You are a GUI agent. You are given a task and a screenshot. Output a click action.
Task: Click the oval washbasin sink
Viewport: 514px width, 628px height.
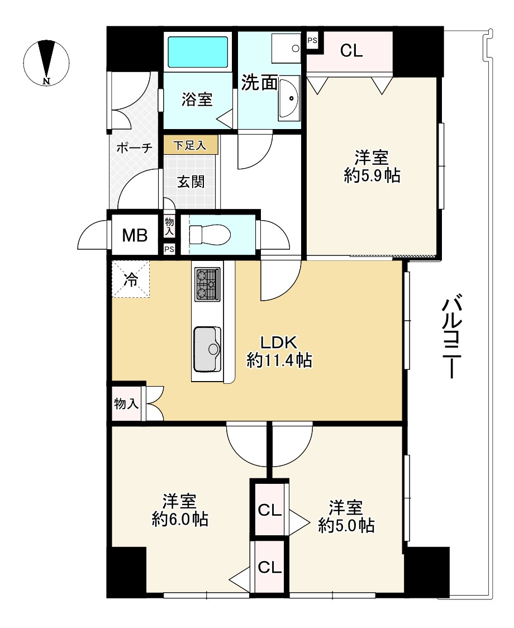click(289, 98)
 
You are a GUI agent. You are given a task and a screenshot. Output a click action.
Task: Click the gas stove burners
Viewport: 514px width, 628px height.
click(207, 284)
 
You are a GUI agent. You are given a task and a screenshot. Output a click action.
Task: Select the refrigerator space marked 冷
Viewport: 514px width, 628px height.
click(131, 280)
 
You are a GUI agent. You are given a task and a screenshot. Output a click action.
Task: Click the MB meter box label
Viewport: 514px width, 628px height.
click(135, 235)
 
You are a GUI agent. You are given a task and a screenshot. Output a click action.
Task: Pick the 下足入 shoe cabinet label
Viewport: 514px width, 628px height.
click(189, 146)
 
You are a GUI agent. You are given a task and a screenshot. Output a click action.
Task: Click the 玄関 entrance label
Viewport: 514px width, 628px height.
click(191, 182)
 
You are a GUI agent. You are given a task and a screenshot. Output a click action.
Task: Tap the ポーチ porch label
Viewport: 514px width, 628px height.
click(134, 148)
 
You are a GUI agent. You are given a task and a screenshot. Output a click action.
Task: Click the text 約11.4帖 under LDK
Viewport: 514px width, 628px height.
click(279, 361)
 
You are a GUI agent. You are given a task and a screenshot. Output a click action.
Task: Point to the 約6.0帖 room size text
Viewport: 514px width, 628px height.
click(180, 520)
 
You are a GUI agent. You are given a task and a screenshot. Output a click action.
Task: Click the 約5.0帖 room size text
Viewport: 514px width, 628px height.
click(346, 525)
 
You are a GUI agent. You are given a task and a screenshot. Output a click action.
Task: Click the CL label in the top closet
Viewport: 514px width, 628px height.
click(352, 51)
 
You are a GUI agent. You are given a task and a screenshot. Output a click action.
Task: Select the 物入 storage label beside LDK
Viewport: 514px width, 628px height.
click(126, 404)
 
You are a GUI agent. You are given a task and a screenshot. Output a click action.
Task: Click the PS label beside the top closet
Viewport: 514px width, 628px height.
click(312, 40)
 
